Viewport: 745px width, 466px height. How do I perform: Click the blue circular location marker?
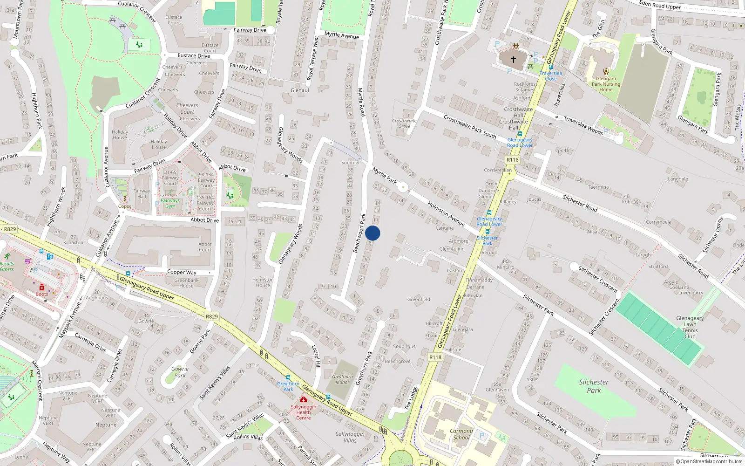(372, 233)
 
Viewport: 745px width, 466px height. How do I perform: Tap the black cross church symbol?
(514, 60)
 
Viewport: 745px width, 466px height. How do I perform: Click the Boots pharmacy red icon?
(42, 287)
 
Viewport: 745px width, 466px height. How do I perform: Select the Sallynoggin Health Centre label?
(303, 412)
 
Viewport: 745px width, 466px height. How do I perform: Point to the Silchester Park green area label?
(594, 386)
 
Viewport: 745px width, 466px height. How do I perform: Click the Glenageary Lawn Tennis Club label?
(690, 327)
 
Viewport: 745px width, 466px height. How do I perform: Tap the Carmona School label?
(461, 434)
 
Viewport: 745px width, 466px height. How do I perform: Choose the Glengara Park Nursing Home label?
(606, 84)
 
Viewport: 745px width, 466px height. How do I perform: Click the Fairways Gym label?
(170, 203)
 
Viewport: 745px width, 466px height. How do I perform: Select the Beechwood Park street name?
(359, 233)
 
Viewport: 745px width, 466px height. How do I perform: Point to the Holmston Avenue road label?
(446, 214)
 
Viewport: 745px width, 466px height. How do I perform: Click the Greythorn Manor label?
(342, 379)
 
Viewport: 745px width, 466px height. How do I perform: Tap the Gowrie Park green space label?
(180, 372)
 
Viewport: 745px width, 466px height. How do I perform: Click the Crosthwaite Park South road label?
(469, 126)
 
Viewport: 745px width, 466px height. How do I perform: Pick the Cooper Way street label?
(182, 272)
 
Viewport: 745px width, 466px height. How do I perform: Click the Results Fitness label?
(7, 266)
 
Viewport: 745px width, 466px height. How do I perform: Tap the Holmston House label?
(263, 282)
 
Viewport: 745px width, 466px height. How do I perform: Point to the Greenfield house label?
(419, 299)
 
